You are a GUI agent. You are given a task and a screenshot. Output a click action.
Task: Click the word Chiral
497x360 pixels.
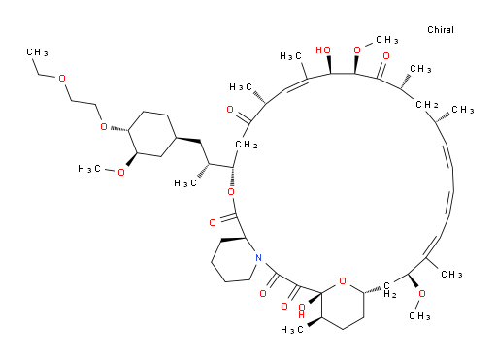[x=441, y=30]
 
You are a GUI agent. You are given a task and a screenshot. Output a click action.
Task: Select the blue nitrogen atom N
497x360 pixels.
[x=258, y=258]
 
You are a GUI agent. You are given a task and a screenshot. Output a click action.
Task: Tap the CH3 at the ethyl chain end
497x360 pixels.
[x=37, y=52]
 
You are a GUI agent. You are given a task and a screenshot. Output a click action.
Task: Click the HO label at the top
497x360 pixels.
[x=323, y=50]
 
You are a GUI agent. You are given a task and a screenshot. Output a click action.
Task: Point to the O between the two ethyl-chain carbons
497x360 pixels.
[x=62, y=79]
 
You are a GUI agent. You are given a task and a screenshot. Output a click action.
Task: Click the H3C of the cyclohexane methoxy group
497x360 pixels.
[x=89, y=169]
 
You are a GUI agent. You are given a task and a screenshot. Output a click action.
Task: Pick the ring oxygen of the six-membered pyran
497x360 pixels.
[x=343, y=281]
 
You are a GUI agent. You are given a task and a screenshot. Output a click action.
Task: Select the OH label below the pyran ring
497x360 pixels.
[x=302, y=311]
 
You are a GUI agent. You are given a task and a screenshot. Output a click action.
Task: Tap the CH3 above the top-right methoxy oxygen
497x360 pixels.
[x=387, y=40]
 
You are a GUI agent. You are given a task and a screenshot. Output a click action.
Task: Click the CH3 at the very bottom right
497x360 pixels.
[x=419, y=315]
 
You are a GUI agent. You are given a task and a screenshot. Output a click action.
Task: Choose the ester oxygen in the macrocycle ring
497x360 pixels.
[x=231, y=192]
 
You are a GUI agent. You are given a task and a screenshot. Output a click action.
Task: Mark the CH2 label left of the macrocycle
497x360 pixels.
[x=247, y=145]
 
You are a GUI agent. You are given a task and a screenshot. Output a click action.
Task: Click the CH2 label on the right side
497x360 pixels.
[x=427, y=105]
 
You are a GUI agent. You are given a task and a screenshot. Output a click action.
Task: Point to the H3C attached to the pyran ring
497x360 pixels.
[x=292, y=330]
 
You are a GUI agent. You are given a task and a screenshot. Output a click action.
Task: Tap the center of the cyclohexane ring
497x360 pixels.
[x=152, y=134]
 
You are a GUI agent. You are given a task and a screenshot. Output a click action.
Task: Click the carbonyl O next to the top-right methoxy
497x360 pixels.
[x=386, y=56]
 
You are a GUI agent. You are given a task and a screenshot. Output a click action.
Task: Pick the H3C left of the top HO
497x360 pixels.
[x=291, y=56]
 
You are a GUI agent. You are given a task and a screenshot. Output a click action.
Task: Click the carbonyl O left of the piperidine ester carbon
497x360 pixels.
[x=213, y=222]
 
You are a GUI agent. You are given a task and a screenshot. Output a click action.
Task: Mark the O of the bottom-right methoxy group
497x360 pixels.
[x=422, y=294]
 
